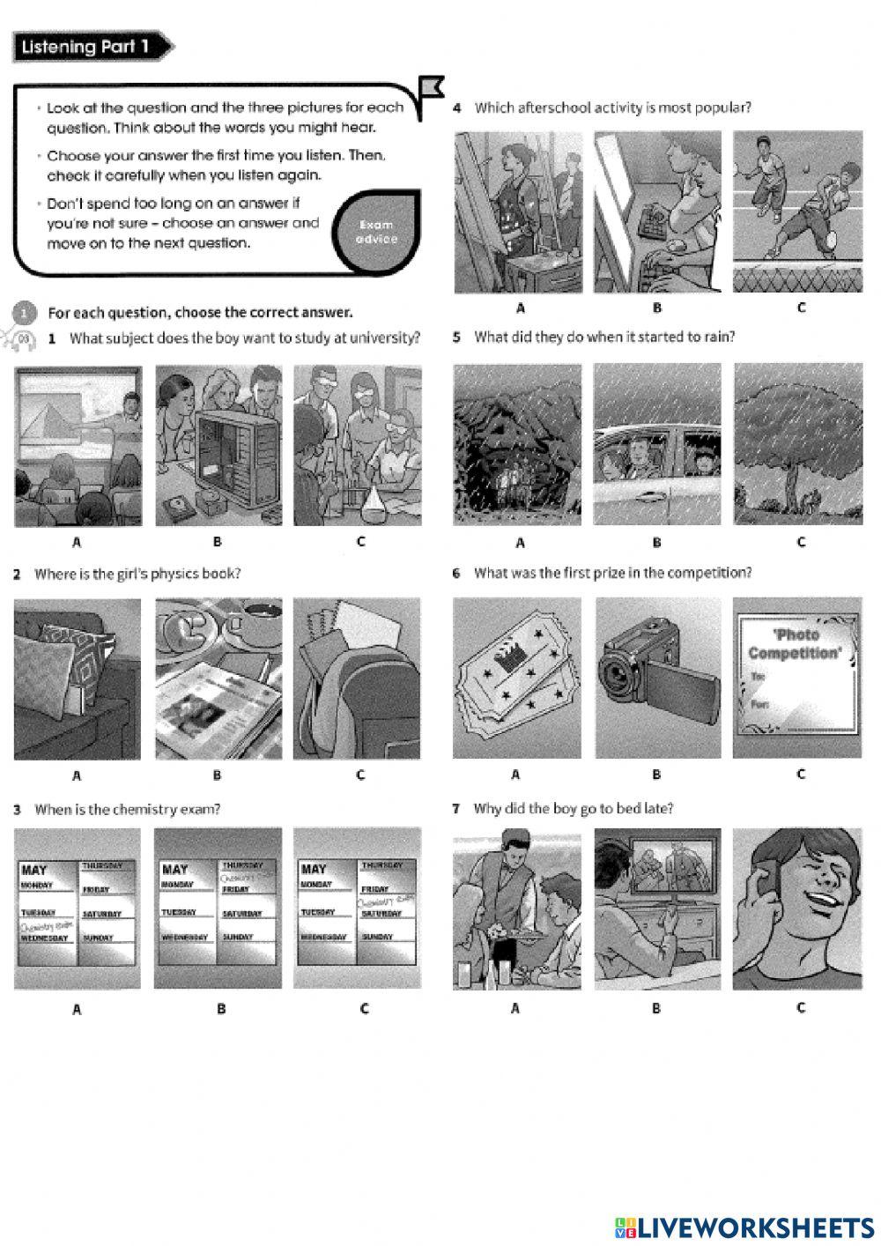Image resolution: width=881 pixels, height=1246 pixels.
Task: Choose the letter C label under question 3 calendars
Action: point(364,1009)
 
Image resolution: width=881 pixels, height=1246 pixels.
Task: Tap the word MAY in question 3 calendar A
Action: point(34,870)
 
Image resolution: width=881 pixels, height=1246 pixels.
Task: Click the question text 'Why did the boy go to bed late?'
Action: point(573,808)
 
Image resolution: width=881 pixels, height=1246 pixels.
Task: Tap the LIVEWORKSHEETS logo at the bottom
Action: point(744,1227)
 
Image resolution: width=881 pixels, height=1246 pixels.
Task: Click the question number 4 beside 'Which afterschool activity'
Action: point(457,108)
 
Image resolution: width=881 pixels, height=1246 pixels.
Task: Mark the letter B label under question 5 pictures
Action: point(656,542)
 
